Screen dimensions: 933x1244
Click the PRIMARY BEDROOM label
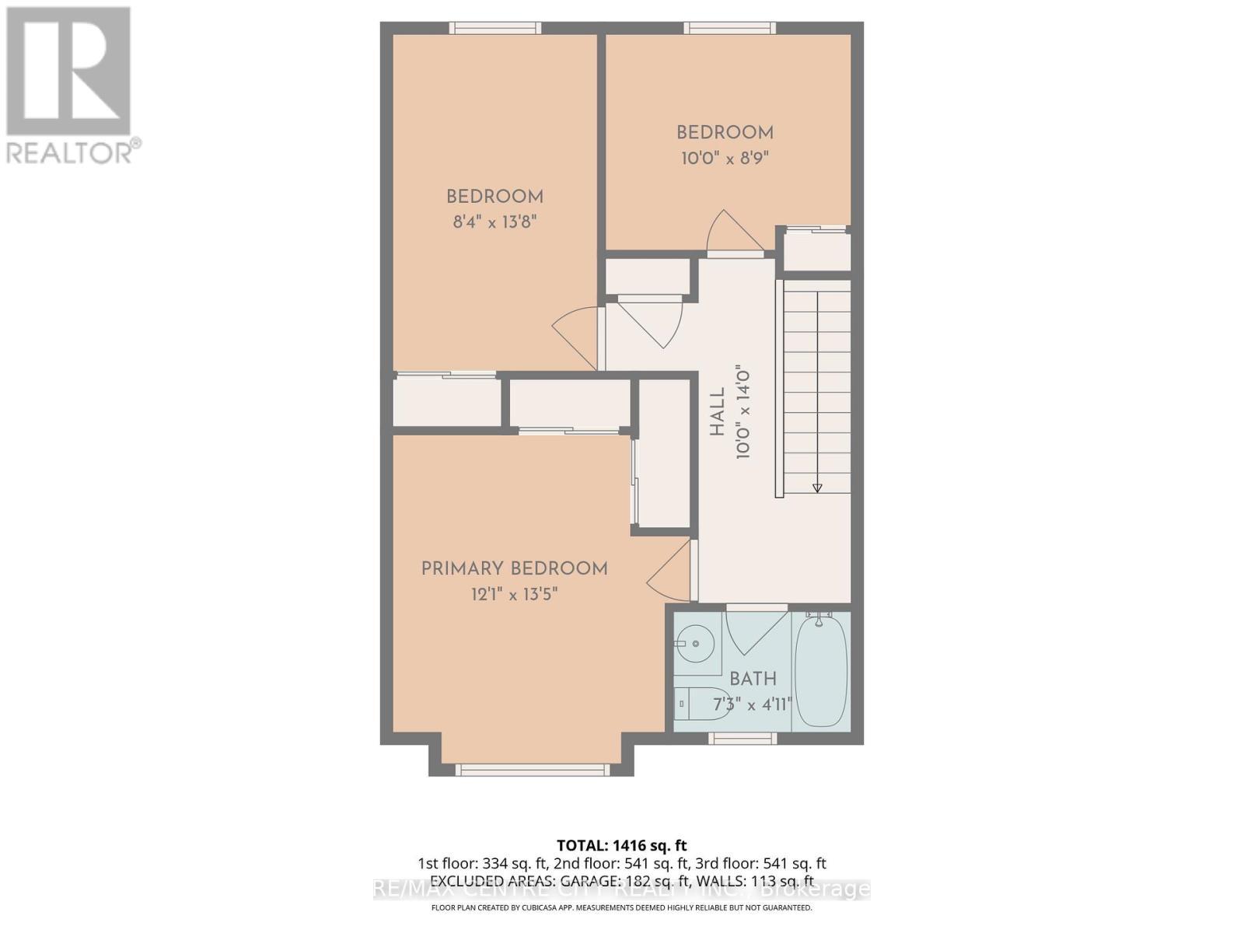pyautogui.click(x=514, y=569)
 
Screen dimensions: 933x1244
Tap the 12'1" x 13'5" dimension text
pyautogui.click(x=514, y=595)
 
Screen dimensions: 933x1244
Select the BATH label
pyautogui.click(x=753, y=679)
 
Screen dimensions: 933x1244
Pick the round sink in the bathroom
pyautogui.click(x=694, y=644)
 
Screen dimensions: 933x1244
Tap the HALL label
pyautogui.click(x=717, y=412)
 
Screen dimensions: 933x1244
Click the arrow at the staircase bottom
pyautogui.click(x=817, y=487)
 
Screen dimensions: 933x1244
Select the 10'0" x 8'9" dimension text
pyautogui.click(x=725, y=159)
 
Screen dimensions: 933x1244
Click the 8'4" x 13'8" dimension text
pyautogui.click(x=495, y=222)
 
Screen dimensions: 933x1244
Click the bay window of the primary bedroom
pyautogui.click(x=532, y=770)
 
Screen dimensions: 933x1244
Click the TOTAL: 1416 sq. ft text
pyautogui.click(x=621, y=845)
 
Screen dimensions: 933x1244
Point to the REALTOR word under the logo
pyautogui.click(x=68, y=152)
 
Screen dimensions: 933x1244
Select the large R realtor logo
pyautogui.click(x=68, y=70)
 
